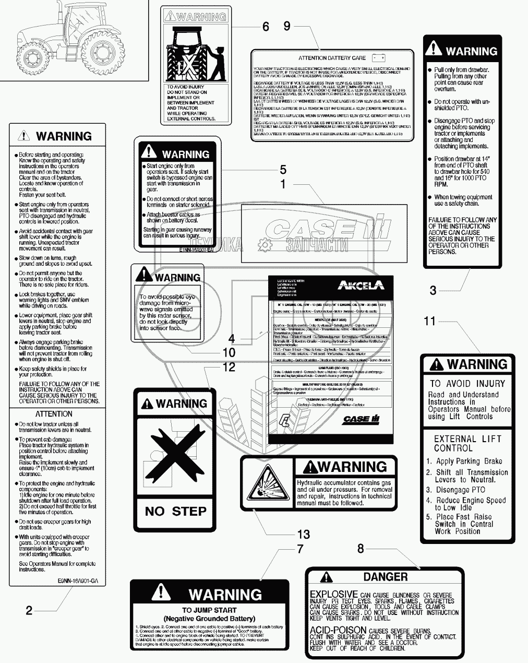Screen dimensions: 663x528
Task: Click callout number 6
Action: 266,26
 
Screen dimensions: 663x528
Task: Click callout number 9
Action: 286,26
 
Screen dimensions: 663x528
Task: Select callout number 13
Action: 303,534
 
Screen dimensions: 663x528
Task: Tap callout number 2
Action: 29,610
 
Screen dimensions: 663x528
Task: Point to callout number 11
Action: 429,321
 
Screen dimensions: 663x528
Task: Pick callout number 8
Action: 361,549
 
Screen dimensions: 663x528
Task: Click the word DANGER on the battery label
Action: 385,577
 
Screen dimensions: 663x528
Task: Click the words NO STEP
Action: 175,511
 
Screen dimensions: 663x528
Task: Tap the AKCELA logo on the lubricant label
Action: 360,285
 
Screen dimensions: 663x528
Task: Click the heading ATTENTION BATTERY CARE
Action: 332,58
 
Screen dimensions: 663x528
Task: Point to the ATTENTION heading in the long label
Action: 54,413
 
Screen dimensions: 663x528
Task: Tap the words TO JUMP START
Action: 209,610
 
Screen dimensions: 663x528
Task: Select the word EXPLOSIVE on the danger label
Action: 333,594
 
